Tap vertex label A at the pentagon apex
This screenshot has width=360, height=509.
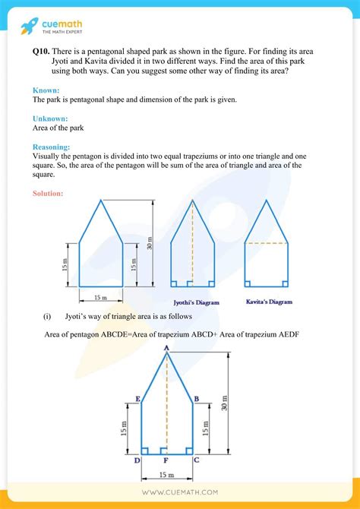click(x=166, y=347)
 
